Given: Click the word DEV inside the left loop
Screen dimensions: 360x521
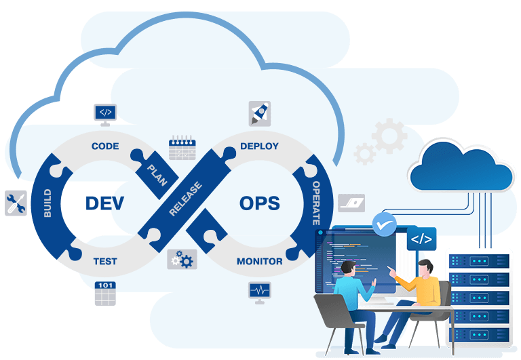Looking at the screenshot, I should pos(104,203).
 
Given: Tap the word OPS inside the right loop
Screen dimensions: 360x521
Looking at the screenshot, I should pos(260,203).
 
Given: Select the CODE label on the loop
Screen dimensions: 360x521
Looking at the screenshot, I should pos(105,146).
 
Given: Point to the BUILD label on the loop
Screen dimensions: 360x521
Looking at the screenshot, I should pos(47,202).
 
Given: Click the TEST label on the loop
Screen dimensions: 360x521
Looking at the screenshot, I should pos(105,261).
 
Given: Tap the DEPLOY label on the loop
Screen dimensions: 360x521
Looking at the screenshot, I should pos(259,146).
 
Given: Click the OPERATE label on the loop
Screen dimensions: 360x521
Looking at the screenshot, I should pos(316,202).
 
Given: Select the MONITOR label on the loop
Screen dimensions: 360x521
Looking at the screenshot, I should pos(259,261).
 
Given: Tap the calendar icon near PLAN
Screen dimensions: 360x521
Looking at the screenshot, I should pos(182,147).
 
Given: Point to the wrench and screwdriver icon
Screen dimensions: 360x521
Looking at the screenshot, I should pos(16,203).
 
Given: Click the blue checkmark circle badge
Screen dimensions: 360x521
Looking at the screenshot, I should pos(385,223).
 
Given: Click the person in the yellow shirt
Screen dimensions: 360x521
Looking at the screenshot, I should pos(425,285).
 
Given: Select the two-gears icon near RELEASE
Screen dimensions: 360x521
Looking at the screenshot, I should pos(182,259).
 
